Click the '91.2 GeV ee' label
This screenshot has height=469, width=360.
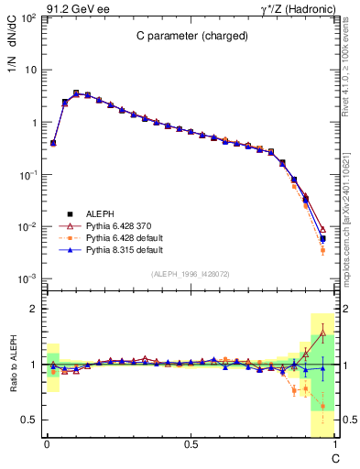click(76, 8)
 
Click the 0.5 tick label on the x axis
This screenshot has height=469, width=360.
click(191, 444)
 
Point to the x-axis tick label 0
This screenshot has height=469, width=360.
click(47, 444)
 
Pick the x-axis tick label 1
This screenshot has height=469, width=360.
click(334, 444)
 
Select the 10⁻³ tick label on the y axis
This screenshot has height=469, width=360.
click(28, 278)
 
